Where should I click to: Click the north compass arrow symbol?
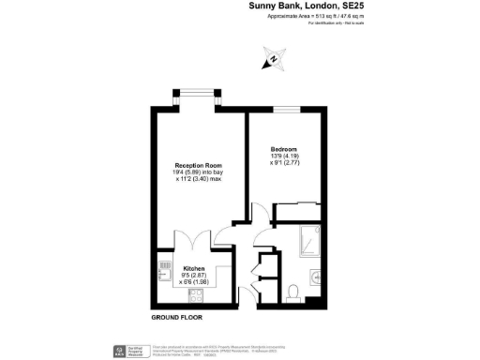point(272,62)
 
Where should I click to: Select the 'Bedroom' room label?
point(284,150)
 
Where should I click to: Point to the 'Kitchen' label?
point(194,267)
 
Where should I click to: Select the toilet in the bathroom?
point(294,292)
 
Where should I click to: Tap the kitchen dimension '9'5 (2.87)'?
point(194,275)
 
